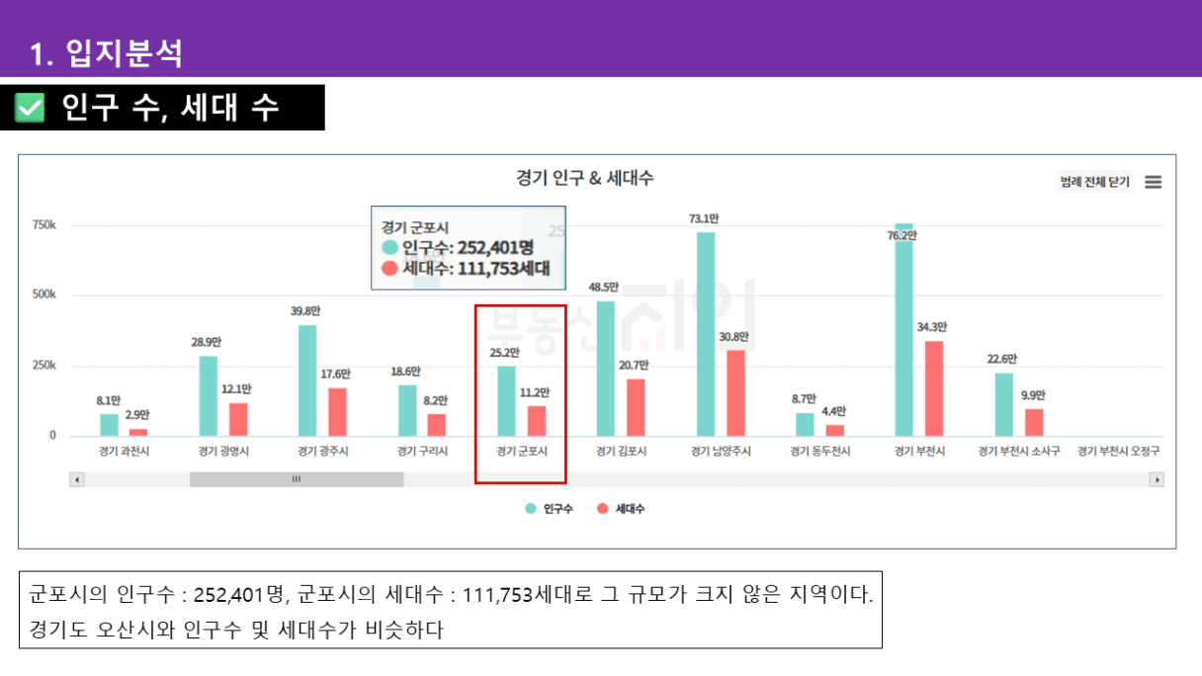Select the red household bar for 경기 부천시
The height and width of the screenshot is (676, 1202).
point(934,388)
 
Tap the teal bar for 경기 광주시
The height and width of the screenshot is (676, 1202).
point(307,380)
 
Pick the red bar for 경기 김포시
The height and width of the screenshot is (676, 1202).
point(636,407)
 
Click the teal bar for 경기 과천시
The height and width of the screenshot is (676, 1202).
point(109,425)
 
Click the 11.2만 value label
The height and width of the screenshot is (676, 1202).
point(535,392)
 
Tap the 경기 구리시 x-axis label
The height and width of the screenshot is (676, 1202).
point(422,452)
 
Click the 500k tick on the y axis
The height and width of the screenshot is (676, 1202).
point(43,296)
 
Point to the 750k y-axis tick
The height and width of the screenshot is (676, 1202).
point(43,225)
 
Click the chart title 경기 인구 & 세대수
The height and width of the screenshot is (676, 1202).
point(584,179)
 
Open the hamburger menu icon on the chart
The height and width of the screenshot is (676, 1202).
point(1153,183)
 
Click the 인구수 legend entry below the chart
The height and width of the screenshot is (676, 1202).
point(550,509)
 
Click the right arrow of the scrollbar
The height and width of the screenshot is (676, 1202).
point(1157,479)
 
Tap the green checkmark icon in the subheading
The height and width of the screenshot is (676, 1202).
point(31,108)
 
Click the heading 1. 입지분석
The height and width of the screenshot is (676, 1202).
point(106,52)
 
